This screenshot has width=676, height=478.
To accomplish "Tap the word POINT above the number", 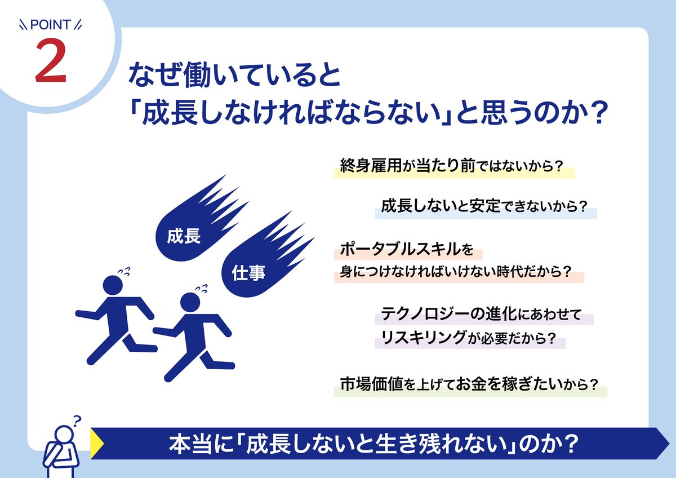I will point(50,25).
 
